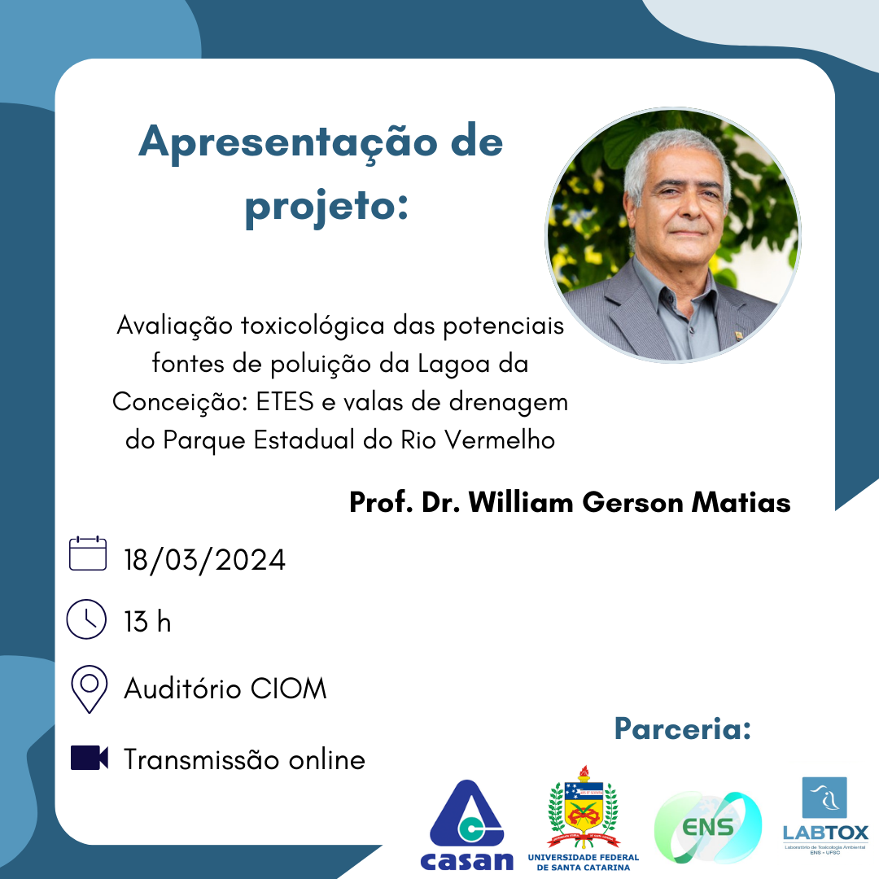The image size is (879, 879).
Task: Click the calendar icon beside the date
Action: pyautogui.click(x=88, y=553)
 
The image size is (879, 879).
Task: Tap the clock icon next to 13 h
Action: pyautogui.click(x=86, y=619)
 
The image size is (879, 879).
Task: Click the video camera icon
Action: pyautogui.click(x=90, y=758)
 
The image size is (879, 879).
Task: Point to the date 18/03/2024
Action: pyautogui.click(x=204, y=560)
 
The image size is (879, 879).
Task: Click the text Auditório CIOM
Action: pyautogui.click(x=225, y=689)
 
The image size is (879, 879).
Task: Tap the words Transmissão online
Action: pyautogui.click(x=244, y=759)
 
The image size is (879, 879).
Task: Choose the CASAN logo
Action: pyautogui.click(x=467, y=825)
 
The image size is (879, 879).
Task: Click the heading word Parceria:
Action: pyautogui.click(x=682, y=728)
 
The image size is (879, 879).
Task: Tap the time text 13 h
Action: pyautogui.click(x=147, y=623)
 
